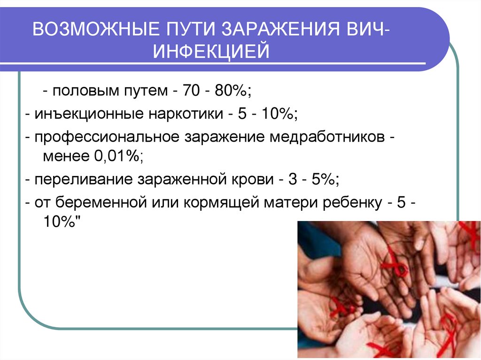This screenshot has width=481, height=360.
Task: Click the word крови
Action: [248, 180]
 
